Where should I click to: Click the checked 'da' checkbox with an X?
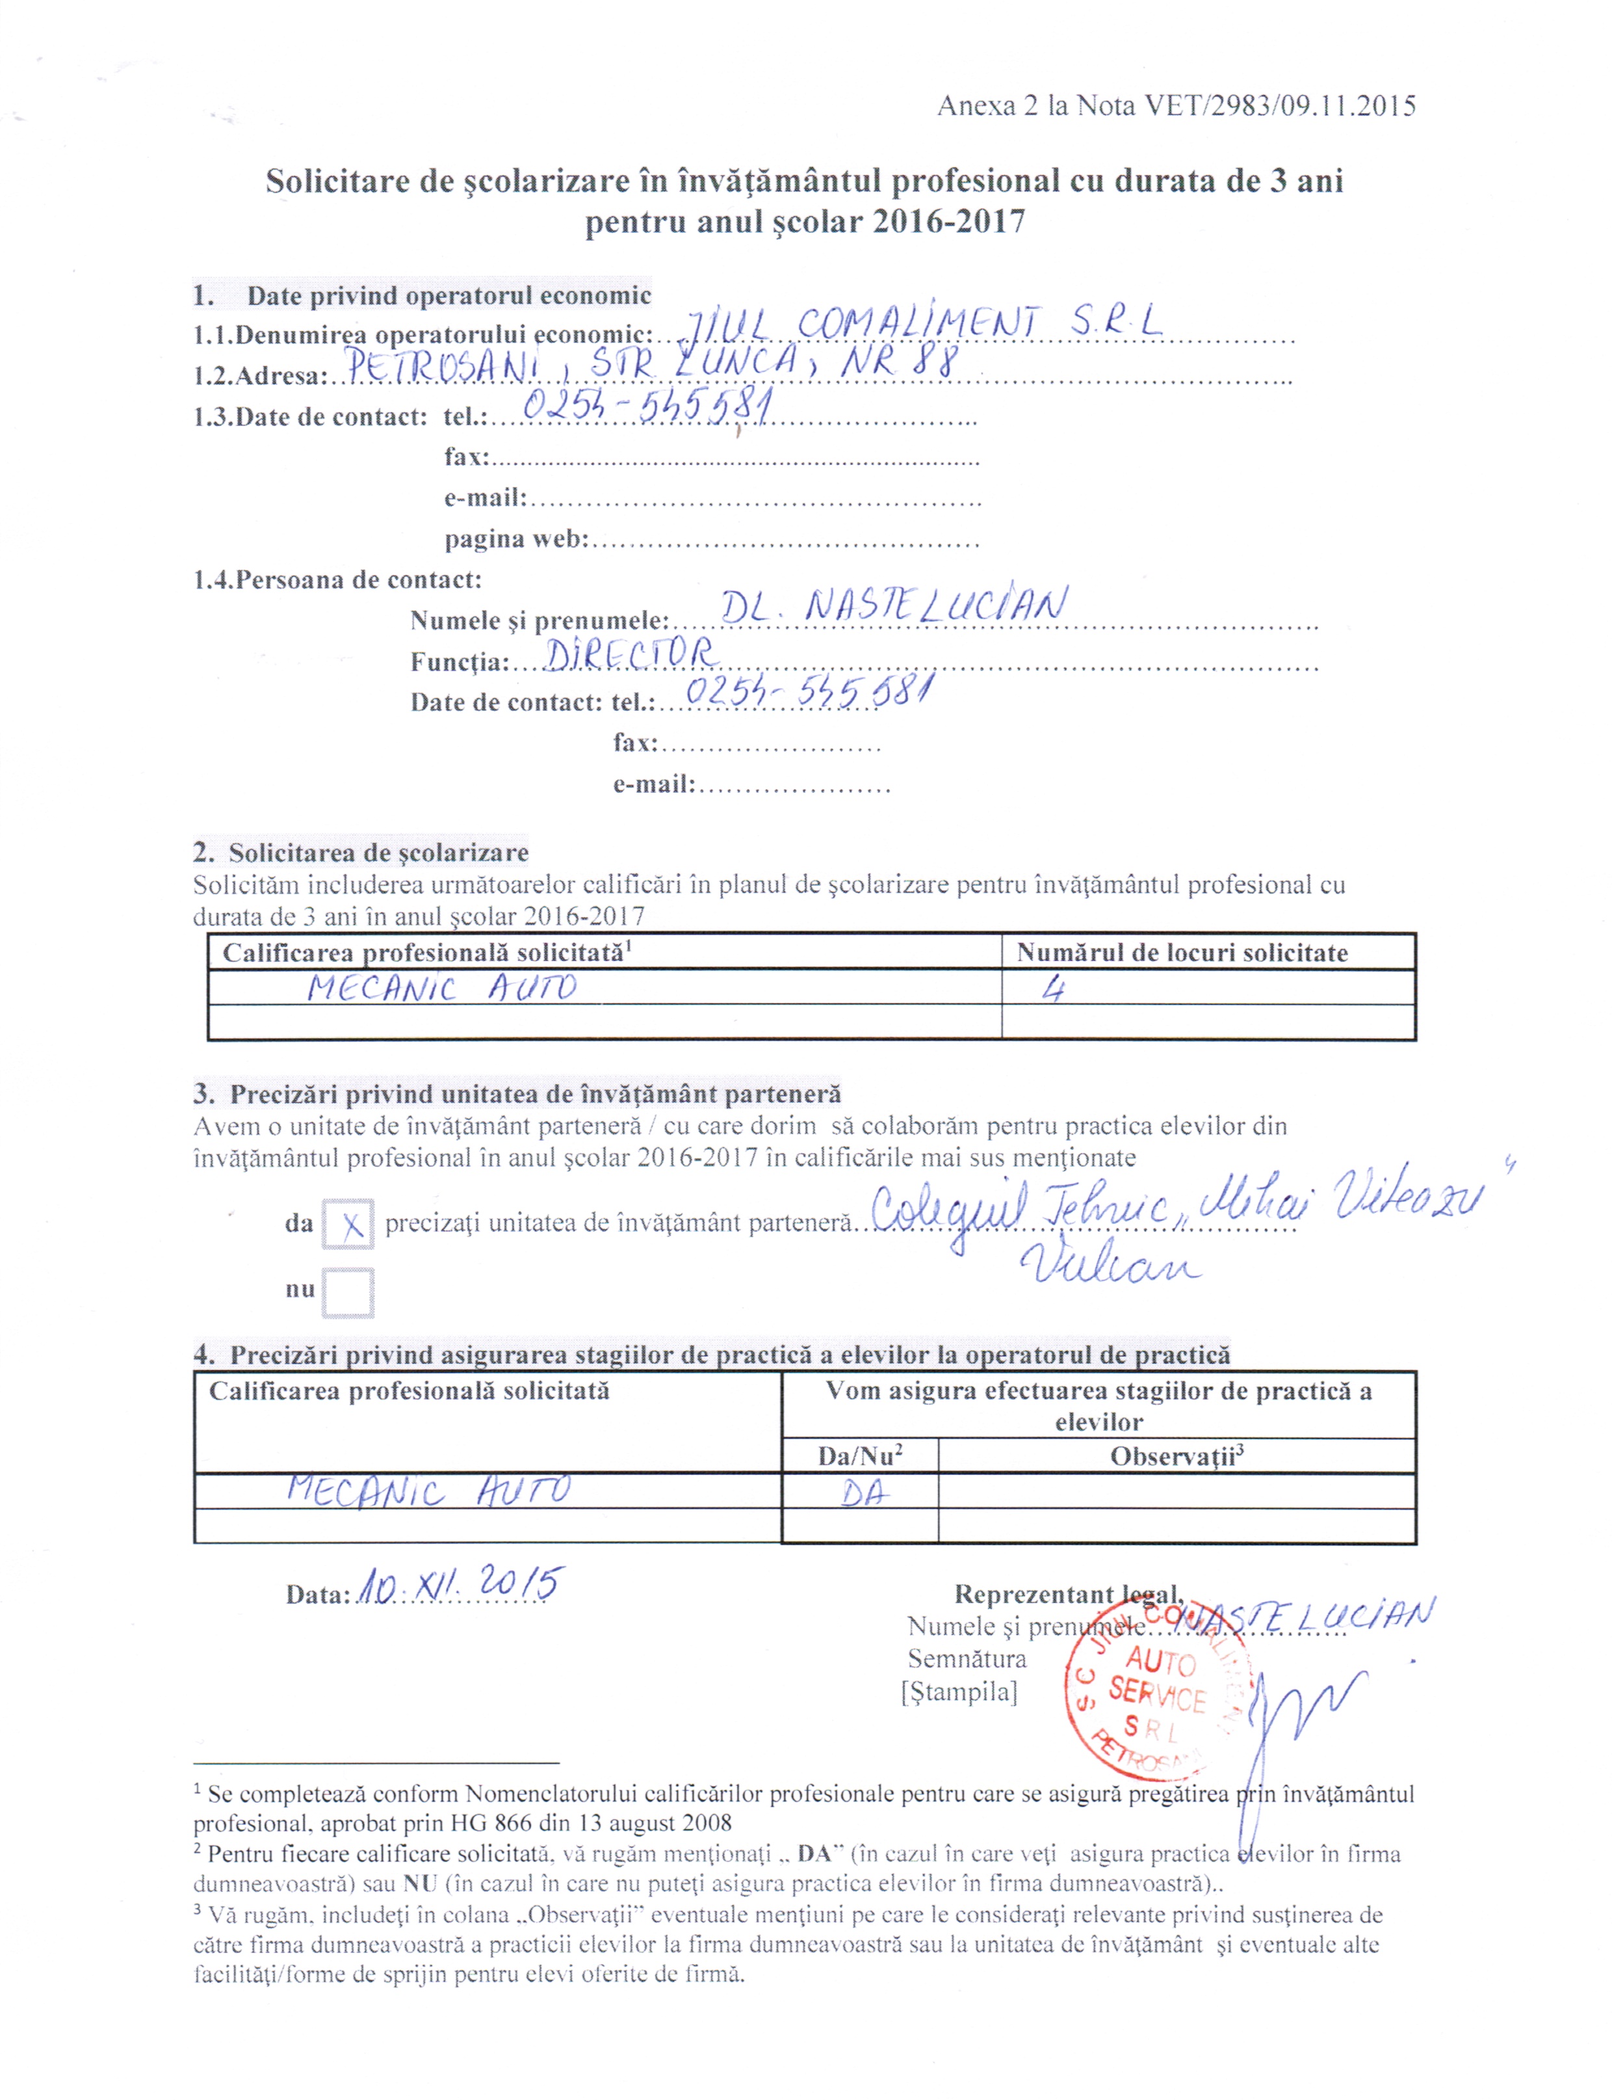click(347, 1224)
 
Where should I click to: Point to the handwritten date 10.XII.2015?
click(459, 1586)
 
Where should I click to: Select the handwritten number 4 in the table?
click(1054, 988)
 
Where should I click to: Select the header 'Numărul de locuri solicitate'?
click(1182, 952)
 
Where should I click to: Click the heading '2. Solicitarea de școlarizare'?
click(361, 851)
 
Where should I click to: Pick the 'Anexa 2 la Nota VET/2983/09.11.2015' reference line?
click(1176, 105)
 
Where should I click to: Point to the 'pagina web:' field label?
click(515, 539)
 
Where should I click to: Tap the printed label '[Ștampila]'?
click(959, 1691)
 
